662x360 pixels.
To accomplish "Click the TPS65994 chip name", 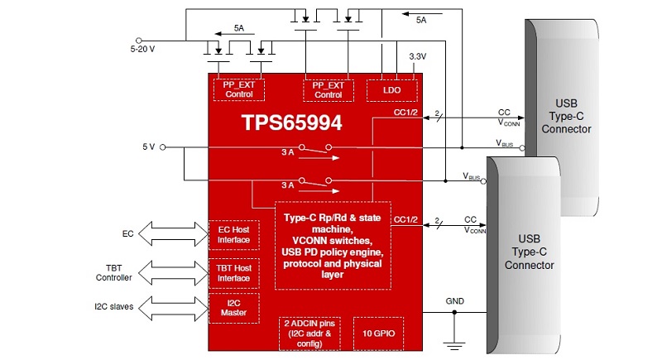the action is point(292,122).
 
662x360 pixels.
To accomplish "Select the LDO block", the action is point(391,90).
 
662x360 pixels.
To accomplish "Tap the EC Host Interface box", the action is point(234,235).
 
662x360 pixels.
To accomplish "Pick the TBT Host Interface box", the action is point(234,273).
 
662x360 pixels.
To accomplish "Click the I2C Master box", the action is point(234,308).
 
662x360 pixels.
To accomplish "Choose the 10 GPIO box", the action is point(379,334).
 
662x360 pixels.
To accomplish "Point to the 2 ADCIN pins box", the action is point(309,334).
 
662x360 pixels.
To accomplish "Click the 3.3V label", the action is point(418,56).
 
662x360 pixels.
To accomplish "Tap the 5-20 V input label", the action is point(142,49).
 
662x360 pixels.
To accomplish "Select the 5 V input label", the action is point(149,146).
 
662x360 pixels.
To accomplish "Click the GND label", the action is point(454,301).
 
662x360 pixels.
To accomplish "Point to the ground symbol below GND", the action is point(454,345).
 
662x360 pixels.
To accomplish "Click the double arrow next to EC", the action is point(173,234).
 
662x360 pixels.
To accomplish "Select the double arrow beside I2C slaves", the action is point(173,308).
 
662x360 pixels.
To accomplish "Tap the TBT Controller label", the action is point(114,273).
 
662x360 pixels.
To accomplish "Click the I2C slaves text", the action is point(114,307).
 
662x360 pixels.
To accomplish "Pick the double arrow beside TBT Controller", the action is point(173,272).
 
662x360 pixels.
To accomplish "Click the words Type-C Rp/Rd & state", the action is point(333,218).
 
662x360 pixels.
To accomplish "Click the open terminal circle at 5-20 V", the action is point(138,41).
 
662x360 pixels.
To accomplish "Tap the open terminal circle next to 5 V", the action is point(162,147).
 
